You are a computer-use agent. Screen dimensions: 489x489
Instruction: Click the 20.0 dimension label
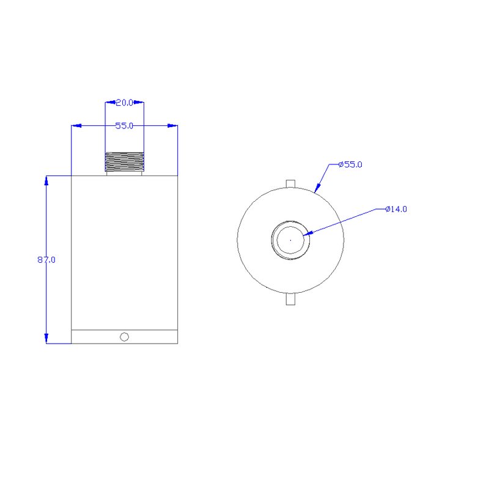[125, 103]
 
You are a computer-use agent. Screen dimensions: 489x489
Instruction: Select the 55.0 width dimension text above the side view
[124, 126]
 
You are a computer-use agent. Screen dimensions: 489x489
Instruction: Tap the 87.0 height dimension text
[46, 260]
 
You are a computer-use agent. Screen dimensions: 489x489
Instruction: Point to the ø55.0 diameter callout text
[350, 164]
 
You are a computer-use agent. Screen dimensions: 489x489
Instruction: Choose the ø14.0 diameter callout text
[396, 209]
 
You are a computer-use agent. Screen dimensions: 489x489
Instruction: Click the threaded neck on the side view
[125, 162]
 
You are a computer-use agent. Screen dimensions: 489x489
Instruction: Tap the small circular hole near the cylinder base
[125, 337]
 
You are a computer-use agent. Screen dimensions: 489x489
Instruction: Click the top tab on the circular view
[290, 184]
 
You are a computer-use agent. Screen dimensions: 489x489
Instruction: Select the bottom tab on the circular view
[290, 299]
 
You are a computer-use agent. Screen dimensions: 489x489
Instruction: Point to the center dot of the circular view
[290, 240]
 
